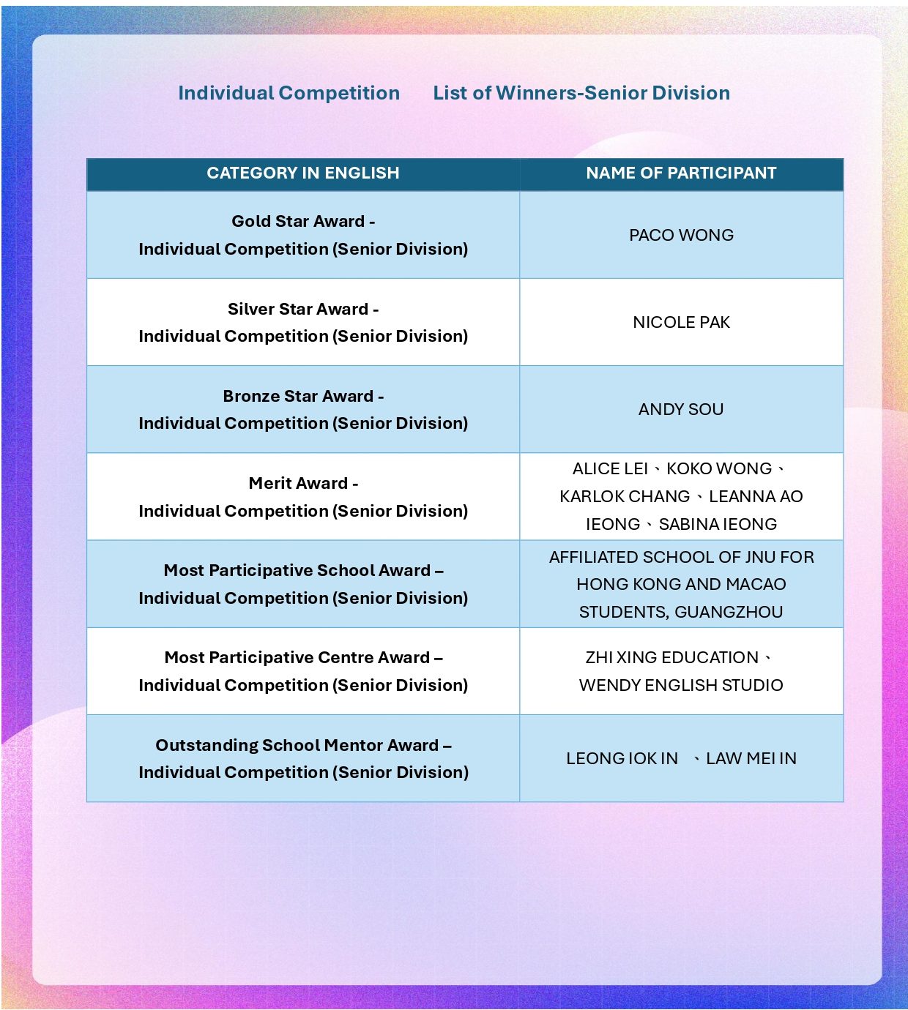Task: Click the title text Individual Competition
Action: (x=289, y=93)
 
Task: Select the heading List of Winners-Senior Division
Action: (x=581, y=93)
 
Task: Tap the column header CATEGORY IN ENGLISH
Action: (x=303, y=173)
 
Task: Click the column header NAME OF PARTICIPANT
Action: (x=681, y=173)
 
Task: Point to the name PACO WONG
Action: (x=681, y=235)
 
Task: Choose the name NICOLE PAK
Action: (x=681, y=322)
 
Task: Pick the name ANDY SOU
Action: (x=681, y=409)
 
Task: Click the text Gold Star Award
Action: (x=298, y=221)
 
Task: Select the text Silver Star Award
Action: (x=298, y=309)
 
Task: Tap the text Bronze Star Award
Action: (x=298, y=396)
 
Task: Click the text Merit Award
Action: (x=298, y=483)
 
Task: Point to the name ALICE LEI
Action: (x=610, y=468)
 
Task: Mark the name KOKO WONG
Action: (x=719, y=468)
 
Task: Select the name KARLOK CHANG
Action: (x=625, y=496)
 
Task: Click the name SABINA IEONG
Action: (x=718, y=524)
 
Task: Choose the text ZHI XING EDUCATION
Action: (x=671, y=657)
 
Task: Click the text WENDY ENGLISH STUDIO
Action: (x=681, y=685)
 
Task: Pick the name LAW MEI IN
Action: (x=751, y=758)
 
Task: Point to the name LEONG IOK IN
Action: (x=622, y=758)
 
